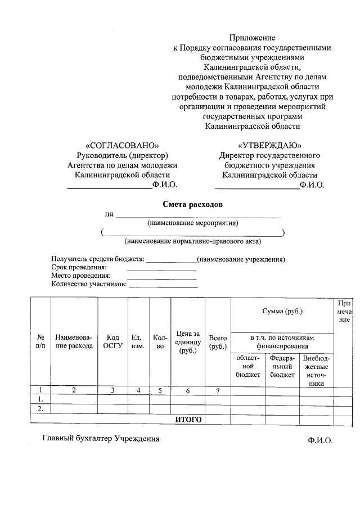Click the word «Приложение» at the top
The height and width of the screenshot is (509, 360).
coord(252,38)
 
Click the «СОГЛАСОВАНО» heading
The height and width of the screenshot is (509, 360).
coord(123,145)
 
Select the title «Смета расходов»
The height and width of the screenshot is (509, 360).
coord(193,204)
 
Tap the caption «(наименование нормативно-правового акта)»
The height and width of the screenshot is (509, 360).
coord(193,241)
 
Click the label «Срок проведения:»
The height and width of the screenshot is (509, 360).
coord(79,267)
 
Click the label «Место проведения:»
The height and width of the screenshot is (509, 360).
coord(81,276)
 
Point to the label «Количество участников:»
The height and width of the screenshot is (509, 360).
coord(89,284)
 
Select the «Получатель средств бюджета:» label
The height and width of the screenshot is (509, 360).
coord(98,259)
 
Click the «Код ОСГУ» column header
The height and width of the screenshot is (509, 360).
coord(112,341)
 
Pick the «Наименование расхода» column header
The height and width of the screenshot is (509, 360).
coord(74,341)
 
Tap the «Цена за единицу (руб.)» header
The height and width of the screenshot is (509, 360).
coord(187,342)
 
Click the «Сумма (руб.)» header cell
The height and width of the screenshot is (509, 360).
coord(282,312)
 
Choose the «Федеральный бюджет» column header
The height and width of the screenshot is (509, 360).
coord(282,366)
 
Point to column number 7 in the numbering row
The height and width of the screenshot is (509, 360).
coord(217,390)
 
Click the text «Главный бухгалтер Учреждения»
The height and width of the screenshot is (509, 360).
coord(101,439)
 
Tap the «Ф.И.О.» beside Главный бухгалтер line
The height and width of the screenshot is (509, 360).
coord(320,440)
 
